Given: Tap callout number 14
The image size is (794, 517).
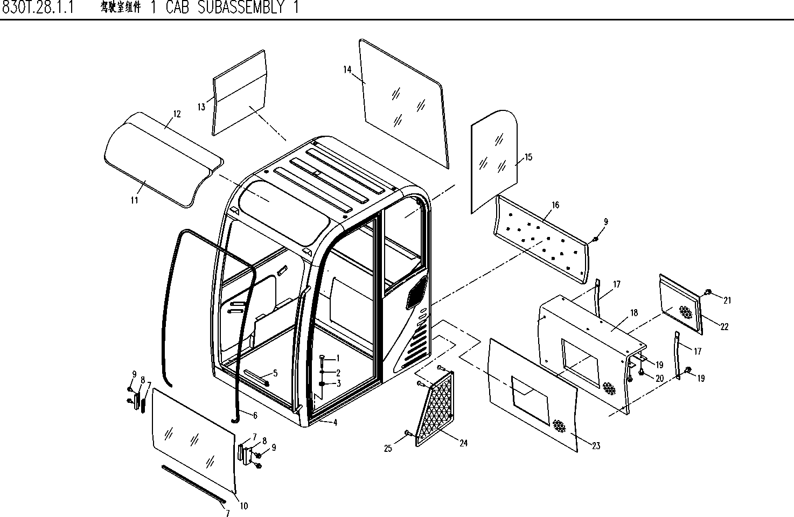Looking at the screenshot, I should [347, 69].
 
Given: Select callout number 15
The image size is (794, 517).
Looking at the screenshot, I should [528, 157].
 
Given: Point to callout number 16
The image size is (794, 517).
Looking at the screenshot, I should [555, 205].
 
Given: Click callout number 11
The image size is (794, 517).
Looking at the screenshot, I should [134, 200].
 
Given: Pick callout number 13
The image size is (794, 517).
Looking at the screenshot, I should [201, 107].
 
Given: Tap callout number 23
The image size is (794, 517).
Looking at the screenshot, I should [596, 446].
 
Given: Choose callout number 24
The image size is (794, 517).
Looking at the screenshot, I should [463, 443].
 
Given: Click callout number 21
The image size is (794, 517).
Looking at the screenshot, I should [727, 301].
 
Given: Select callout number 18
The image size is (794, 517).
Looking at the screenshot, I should [633, 313].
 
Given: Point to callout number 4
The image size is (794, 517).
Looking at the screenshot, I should [335, 423].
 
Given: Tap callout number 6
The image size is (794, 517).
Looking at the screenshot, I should [255, 415].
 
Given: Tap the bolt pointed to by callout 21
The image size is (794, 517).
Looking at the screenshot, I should [708, 292].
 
